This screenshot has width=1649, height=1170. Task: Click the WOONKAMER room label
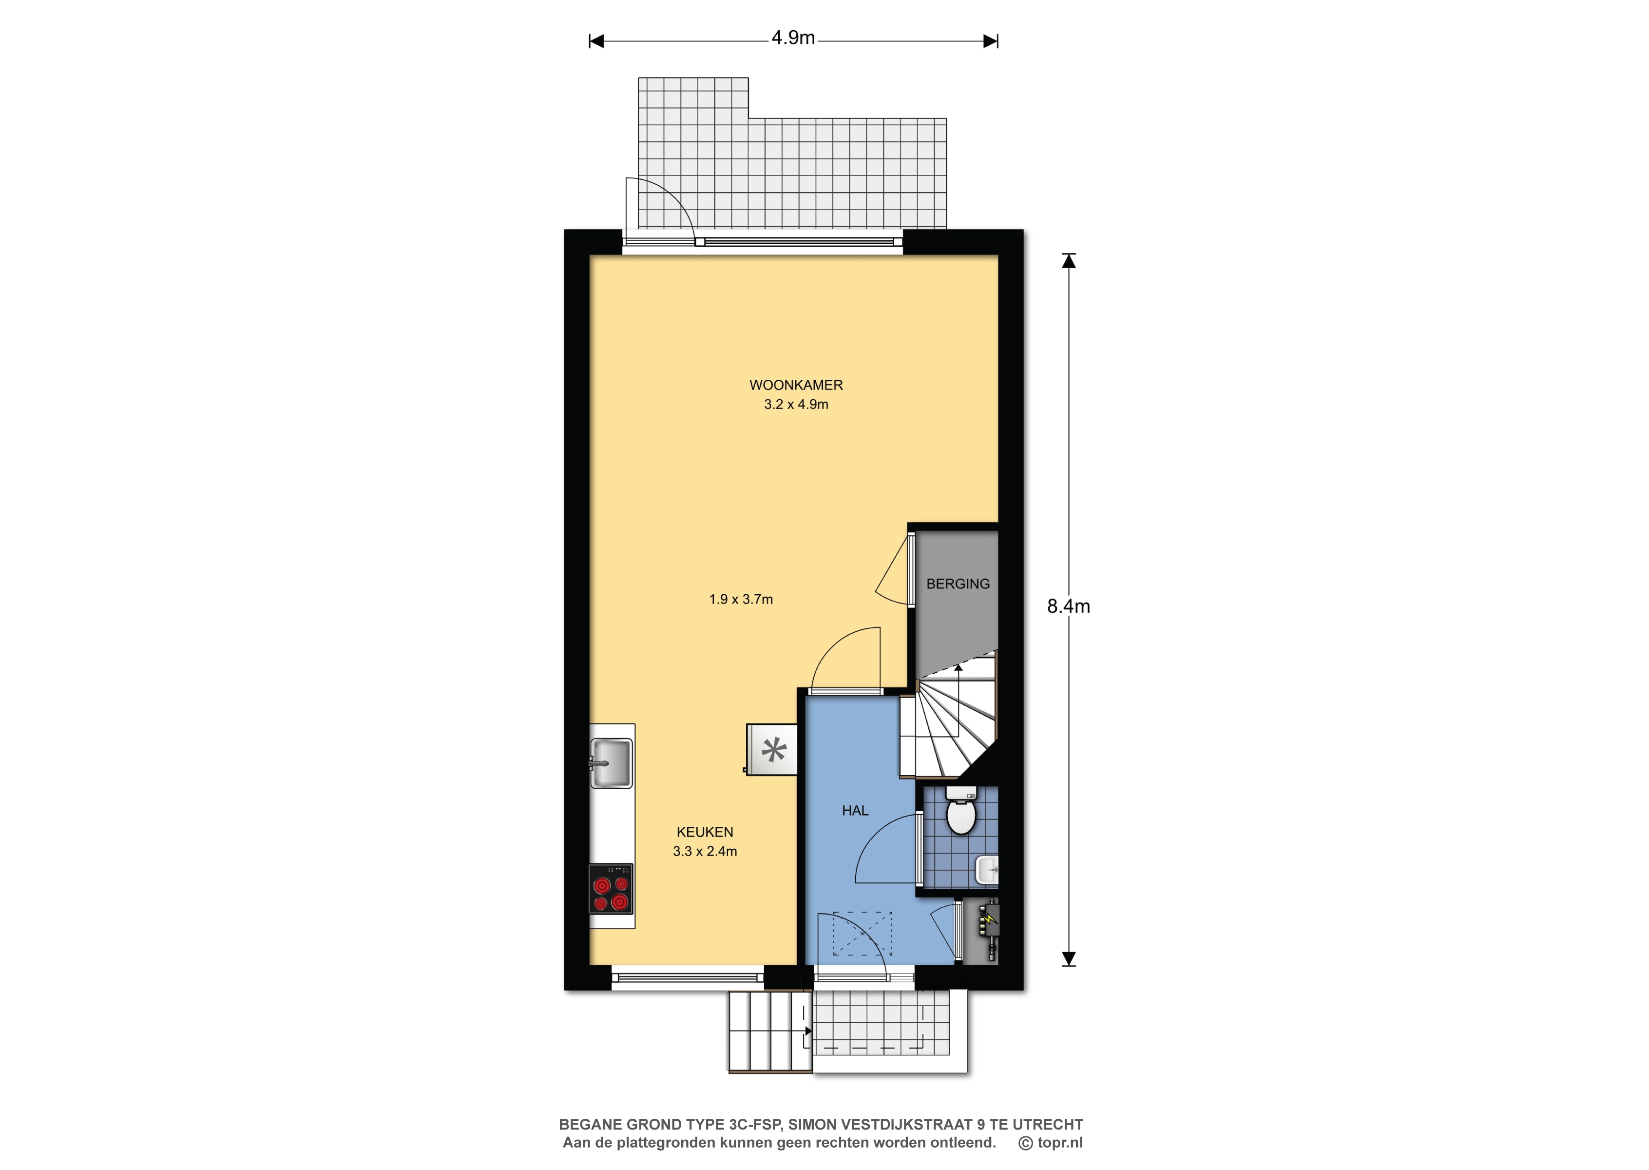(796, 386)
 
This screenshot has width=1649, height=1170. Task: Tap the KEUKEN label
(705, 832)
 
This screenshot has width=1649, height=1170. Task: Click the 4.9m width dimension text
(793, 38)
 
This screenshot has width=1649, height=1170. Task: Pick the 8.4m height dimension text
(1069, 606)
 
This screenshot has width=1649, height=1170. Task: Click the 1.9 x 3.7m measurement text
(741, 600)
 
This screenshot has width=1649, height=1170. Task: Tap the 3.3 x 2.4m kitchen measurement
(705, 852)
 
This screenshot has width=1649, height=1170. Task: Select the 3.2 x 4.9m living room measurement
(796, 405)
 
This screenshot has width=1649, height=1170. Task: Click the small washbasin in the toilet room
(986, 870)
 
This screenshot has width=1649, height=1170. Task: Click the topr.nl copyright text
(1051, 1143)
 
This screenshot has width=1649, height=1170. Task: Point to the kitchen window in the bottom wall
(688, 977)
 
